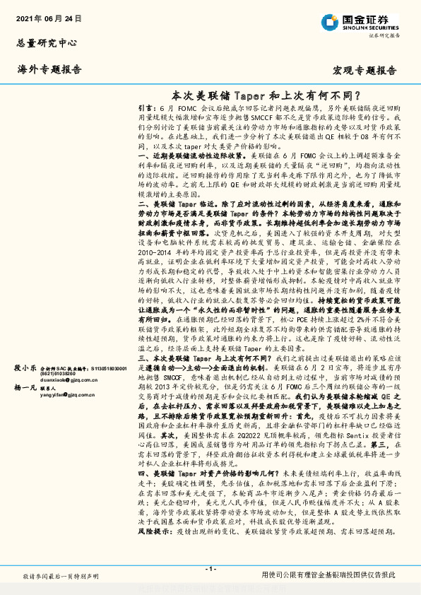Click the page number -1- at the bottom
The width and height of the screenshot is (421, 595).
(210, 569)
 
